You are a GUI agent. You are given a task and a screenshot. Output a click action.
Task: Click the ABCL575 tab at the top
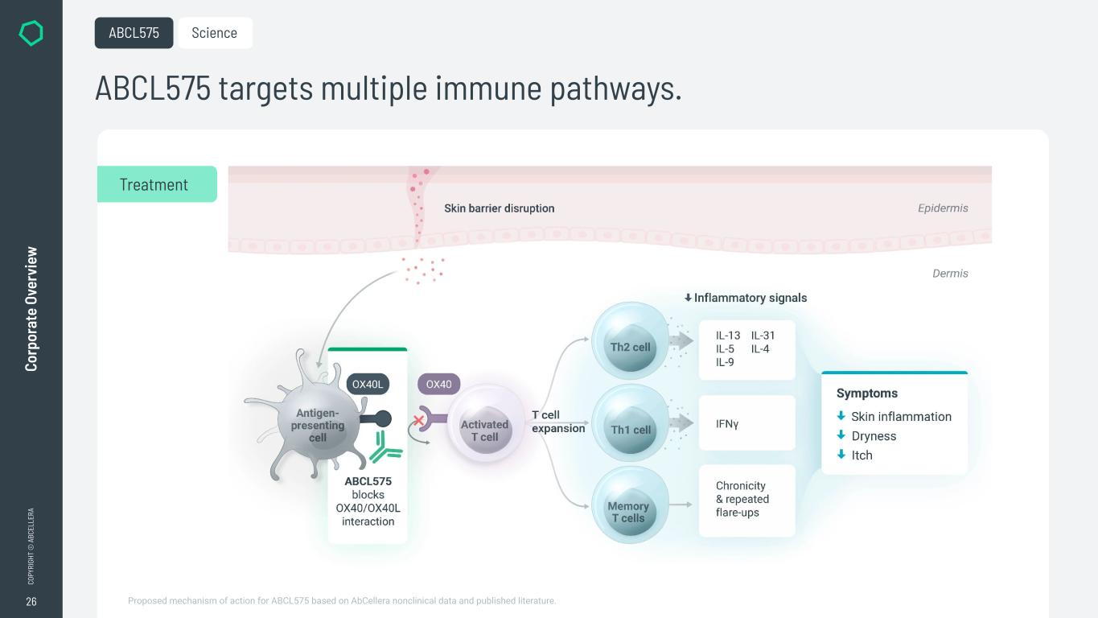point(134,33)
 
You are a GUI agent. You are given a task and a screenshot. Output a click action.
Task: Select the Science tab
point(215,33)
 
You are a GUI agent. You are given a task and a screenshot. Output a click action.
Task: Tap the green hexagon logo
point(31,33)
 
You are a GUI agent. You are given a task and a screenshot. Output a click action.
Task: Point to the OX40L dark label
point(368,385)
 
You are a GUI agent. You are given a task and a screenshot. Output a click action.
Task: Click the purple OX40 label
point(438,385)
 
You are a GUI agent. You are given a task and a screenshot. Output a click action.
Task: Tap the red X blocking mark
point(418,420)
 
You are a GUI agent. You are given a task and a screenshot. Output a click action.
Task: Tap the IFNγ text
point(727,423)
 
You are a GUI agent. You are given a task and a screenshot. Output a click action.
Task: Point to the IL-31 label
point(763,336)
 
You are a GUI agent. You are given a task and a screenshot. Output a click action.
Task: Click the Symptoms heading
point(867,393)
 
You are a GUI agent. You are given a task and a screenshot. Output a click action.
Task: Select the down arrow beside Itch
point(841,455)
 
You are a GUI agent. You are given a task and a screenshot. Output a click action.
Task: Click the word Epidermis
point(943,208)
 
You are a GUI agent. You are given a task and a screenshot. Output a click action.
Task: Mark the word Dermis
point(950,274)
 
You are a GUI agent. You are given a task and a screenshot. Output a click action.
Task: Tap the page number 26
point(31,601)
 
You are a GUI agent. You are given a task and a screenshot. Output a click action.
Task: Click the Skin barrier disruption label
point(499,208)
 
